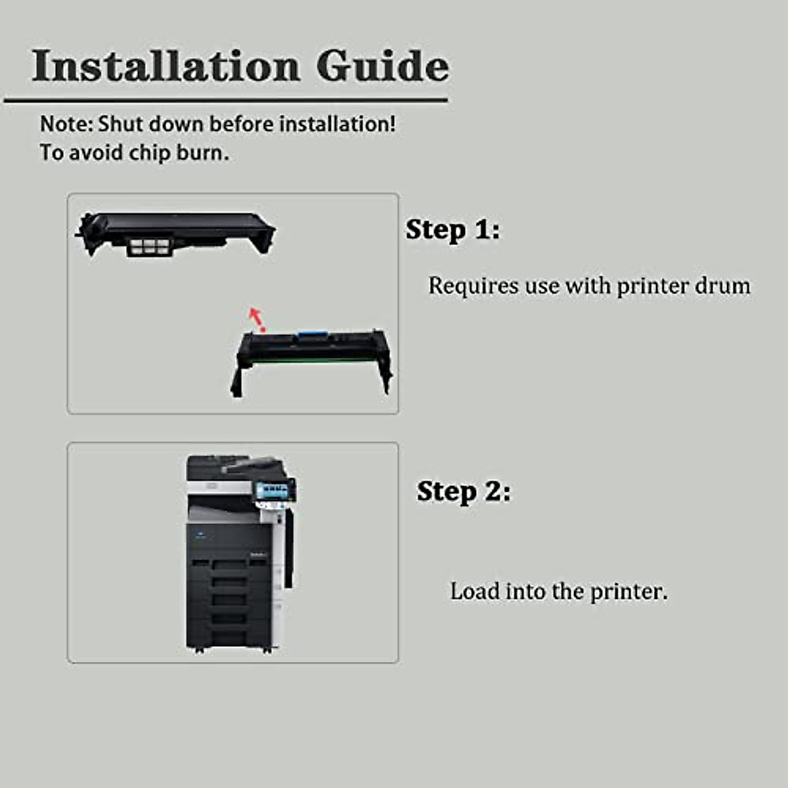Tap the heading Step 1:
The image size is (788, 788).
tap(452, 230)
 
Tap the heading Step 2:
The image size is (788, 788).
tap(464, 492)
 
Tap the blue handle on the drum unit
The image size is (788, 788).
tap(311, 337)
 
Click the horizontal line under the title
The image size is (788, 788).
tap(226, 100)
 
